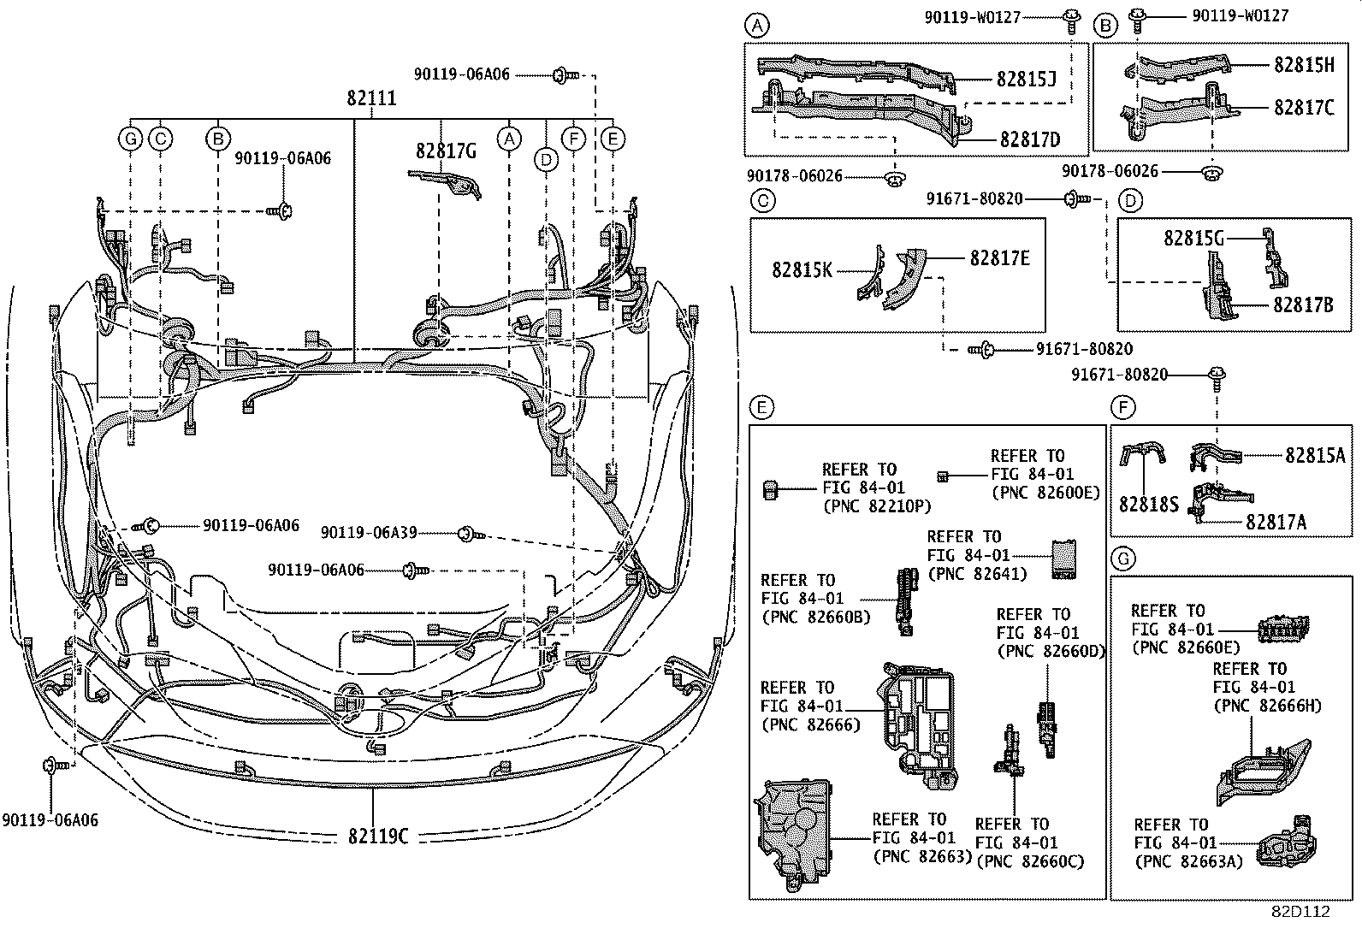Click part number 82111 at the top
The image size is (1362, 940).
371,98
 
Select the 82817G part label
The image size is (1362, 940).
446,151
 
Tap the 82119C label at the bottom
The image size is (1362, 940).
377,837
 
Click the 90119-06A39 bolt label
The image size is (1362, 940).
369,533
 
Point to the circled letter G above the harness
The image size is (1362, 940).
130,139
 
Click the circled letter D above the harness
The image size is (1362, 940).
546,159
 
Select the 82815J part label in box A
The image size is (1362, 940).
1026,80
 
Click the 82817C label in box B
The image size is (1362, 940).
1303,108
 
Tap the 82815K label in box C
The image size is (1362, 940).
802,269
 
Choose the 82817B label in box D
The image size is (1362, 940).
1303,303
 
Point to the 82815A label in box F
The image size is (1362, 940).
1314,457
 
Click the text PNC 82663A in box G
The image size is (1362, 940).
1187,861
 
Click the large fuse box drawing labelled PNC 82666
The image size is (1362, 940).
914,724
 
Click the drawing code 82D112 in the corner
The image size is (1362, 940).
1300,912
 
